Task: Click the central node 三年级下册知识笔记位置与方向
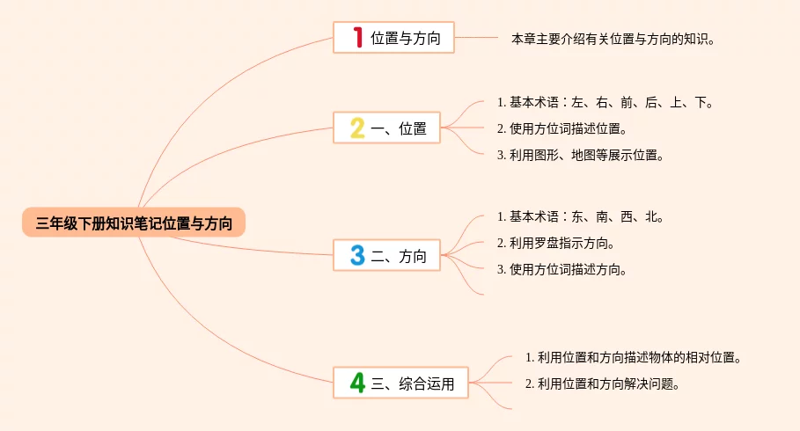pos(134,223)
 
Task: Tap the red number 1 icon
pos(357,37)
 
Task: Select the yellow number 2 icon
pos(357,128)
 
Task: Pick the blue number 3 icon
pos(357,256)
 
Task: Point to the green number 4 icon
pos(357,383)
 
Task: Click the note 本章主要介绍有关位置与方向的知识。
pos(613,39)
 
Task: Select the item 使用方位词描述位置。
pos(561,128)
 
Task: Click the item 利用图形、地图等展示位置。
pos(579,155)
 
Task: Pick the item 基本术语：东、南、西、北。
pos(580,216)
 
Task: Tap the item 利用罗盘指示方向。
pos(555,243)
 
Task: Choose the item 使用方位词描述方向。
pos(561,269)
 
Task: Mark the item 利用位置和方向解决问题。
pos(605,384)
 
